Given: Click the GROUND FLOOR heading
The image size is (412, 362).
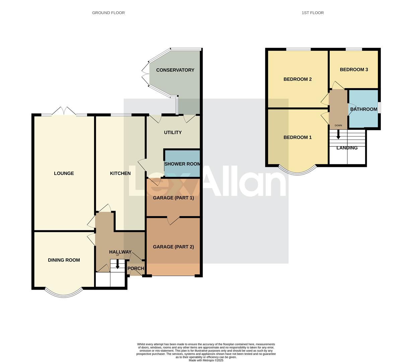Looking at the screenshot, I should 108,13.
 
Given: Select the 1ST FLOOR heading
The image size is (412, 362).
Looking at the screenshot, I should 313,13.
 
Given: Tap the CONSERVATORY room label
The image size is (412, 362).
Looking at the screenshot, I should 175,70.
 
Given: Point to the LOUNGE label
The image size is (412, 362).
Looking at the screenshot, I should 64,173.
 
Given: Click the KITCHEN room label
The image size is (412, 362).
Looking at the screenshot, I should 120,173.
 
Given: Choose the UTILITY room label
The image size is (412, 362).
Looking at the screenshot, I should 173,132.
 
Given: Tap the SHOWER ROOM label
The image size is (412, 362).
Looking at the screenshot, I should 182,164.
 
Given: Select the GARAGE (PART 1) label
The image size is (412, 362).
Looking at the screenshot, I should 173,198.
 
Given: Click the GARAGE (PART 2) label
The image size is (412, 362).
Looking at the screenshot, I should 173,247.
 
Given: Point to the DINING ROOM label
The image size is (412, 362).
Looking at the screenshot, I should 64,260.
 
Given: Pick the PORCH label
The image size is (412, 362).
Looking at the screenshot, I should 136,268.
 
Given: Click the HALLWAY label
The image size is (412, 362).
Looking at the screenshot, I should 120,252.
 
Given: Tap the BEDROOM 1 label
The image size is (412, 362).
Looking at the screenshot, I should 297,137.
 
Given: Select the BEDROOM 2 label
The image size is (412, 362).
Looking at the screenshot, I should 297,79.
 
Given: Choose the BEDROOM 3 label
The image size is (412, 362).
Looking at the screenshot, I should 354,70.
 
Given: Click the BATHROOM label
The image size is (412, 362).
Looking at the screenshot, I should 364,109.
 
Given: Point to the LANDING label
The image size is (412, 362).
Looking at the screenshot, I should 347,148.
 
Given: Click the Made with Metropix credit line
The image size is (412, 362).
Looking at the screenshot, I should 206,360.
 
